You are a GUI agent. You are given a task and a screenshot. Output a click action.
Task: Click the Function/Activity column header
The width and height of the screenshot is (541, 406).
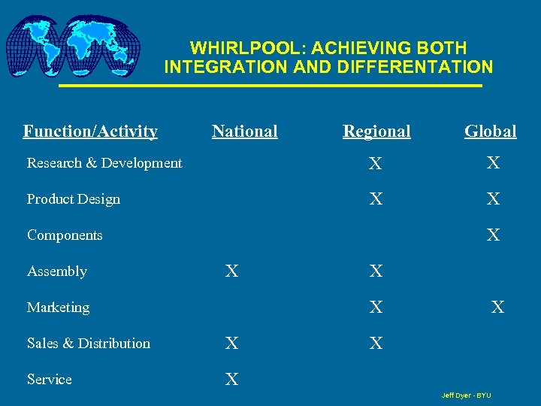90,132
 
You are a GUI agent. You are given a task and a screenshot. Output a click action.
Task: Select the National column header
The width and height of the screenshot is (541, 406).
244,132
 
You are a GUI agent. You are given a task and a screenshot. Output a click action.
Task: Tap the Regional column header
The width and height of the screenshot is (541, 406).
376,132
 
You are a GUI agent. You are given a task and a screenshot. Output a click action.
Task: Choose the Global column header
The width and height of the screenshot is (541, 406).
490,132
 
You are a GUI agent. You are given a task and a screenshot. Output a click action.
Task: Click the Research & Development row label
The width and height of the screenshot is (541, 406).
104,163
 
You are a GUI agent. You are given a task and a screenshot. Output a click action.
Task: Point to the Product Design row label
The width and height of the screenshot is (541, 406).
74,199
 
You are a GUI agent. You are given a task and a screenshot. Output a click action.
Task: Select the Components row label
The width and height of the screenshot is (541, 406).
65,235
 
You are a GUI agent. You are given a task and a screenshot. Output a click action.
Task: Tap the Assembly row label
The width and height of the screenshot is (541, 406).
57,271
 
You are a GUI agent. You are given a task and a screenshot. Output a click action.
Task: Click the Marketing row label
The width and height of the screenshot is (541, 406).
58,308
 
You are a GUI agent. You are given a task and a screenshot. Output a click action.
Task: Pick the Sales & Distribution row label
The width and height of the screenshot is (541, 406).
89,344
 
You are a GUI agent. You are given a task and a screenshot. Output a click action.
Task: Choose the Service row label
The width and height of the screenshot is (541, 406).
50,380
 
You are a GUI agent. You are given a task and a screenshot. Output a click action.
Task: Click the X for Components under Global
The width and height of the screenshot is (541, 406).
493,236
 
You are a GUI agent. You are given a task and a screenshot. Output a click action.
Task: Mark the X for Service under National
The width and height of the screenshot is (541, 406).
232,380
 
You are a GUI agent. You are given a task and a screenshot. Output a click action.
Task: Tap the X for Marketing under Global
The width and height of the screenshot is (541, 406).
497,308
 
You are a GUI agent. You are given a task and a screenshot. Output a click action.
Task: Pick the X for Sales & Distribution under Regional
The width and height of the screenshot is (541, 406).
376,344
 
